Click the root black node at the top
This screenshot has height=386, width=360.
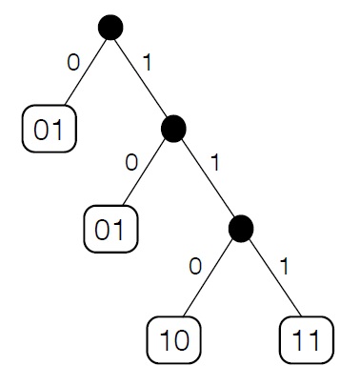(x=111, y=29)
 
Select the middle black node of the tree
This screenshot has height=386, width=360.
(x=174, y=128)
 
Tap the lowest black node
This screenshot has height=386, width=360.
(x=241, y=227)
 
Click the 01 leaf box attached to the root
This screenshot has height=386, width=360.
(x=49, y=131)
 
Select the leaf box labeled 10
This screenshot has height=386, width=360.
(x=174, y=338)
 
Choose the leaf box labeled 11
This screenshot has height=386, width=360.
(x=308, y=338)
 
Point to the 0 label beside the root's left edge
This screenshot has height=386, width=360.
(x=72, y=63)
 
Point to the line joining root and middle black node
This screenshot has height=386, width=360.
(x=143, y=78)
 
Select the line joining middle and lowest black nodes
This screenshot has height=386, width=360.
(x=208, y=177)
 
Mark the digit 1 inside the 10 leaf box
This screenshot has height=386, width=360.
(x=164, y=338)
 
